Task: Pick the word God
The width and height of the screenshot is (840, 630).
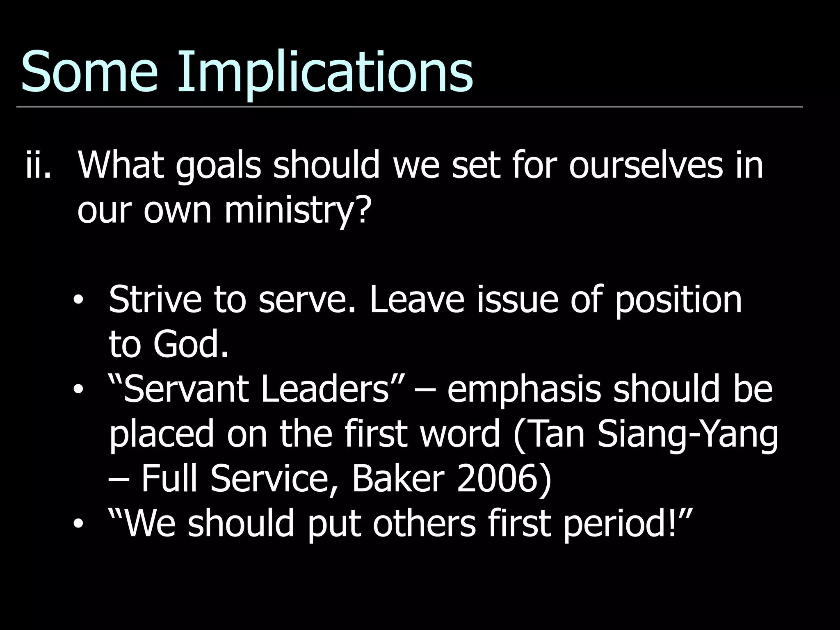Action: pos(190,345)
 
